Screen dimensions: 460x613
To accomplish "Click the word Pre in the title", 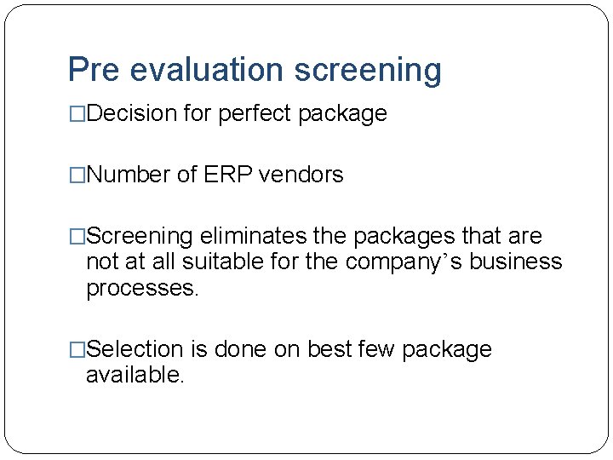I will click(x=94, y=70).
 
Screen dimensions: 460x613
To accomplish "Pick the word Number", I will click(x=129, y=175).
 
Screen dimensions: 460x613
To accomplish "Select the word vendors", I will click(x=301, y=175).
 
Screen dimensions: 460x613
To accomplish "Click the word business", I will click(x=516, y=262).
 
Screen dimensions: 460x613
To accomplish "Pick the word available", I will click(x=135, y=375).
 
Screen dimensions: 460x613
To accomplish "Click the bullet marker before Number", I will click(x=77, y=175).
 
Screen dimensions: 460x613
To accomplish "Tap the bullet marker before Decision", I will click(x=77, y=113).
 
